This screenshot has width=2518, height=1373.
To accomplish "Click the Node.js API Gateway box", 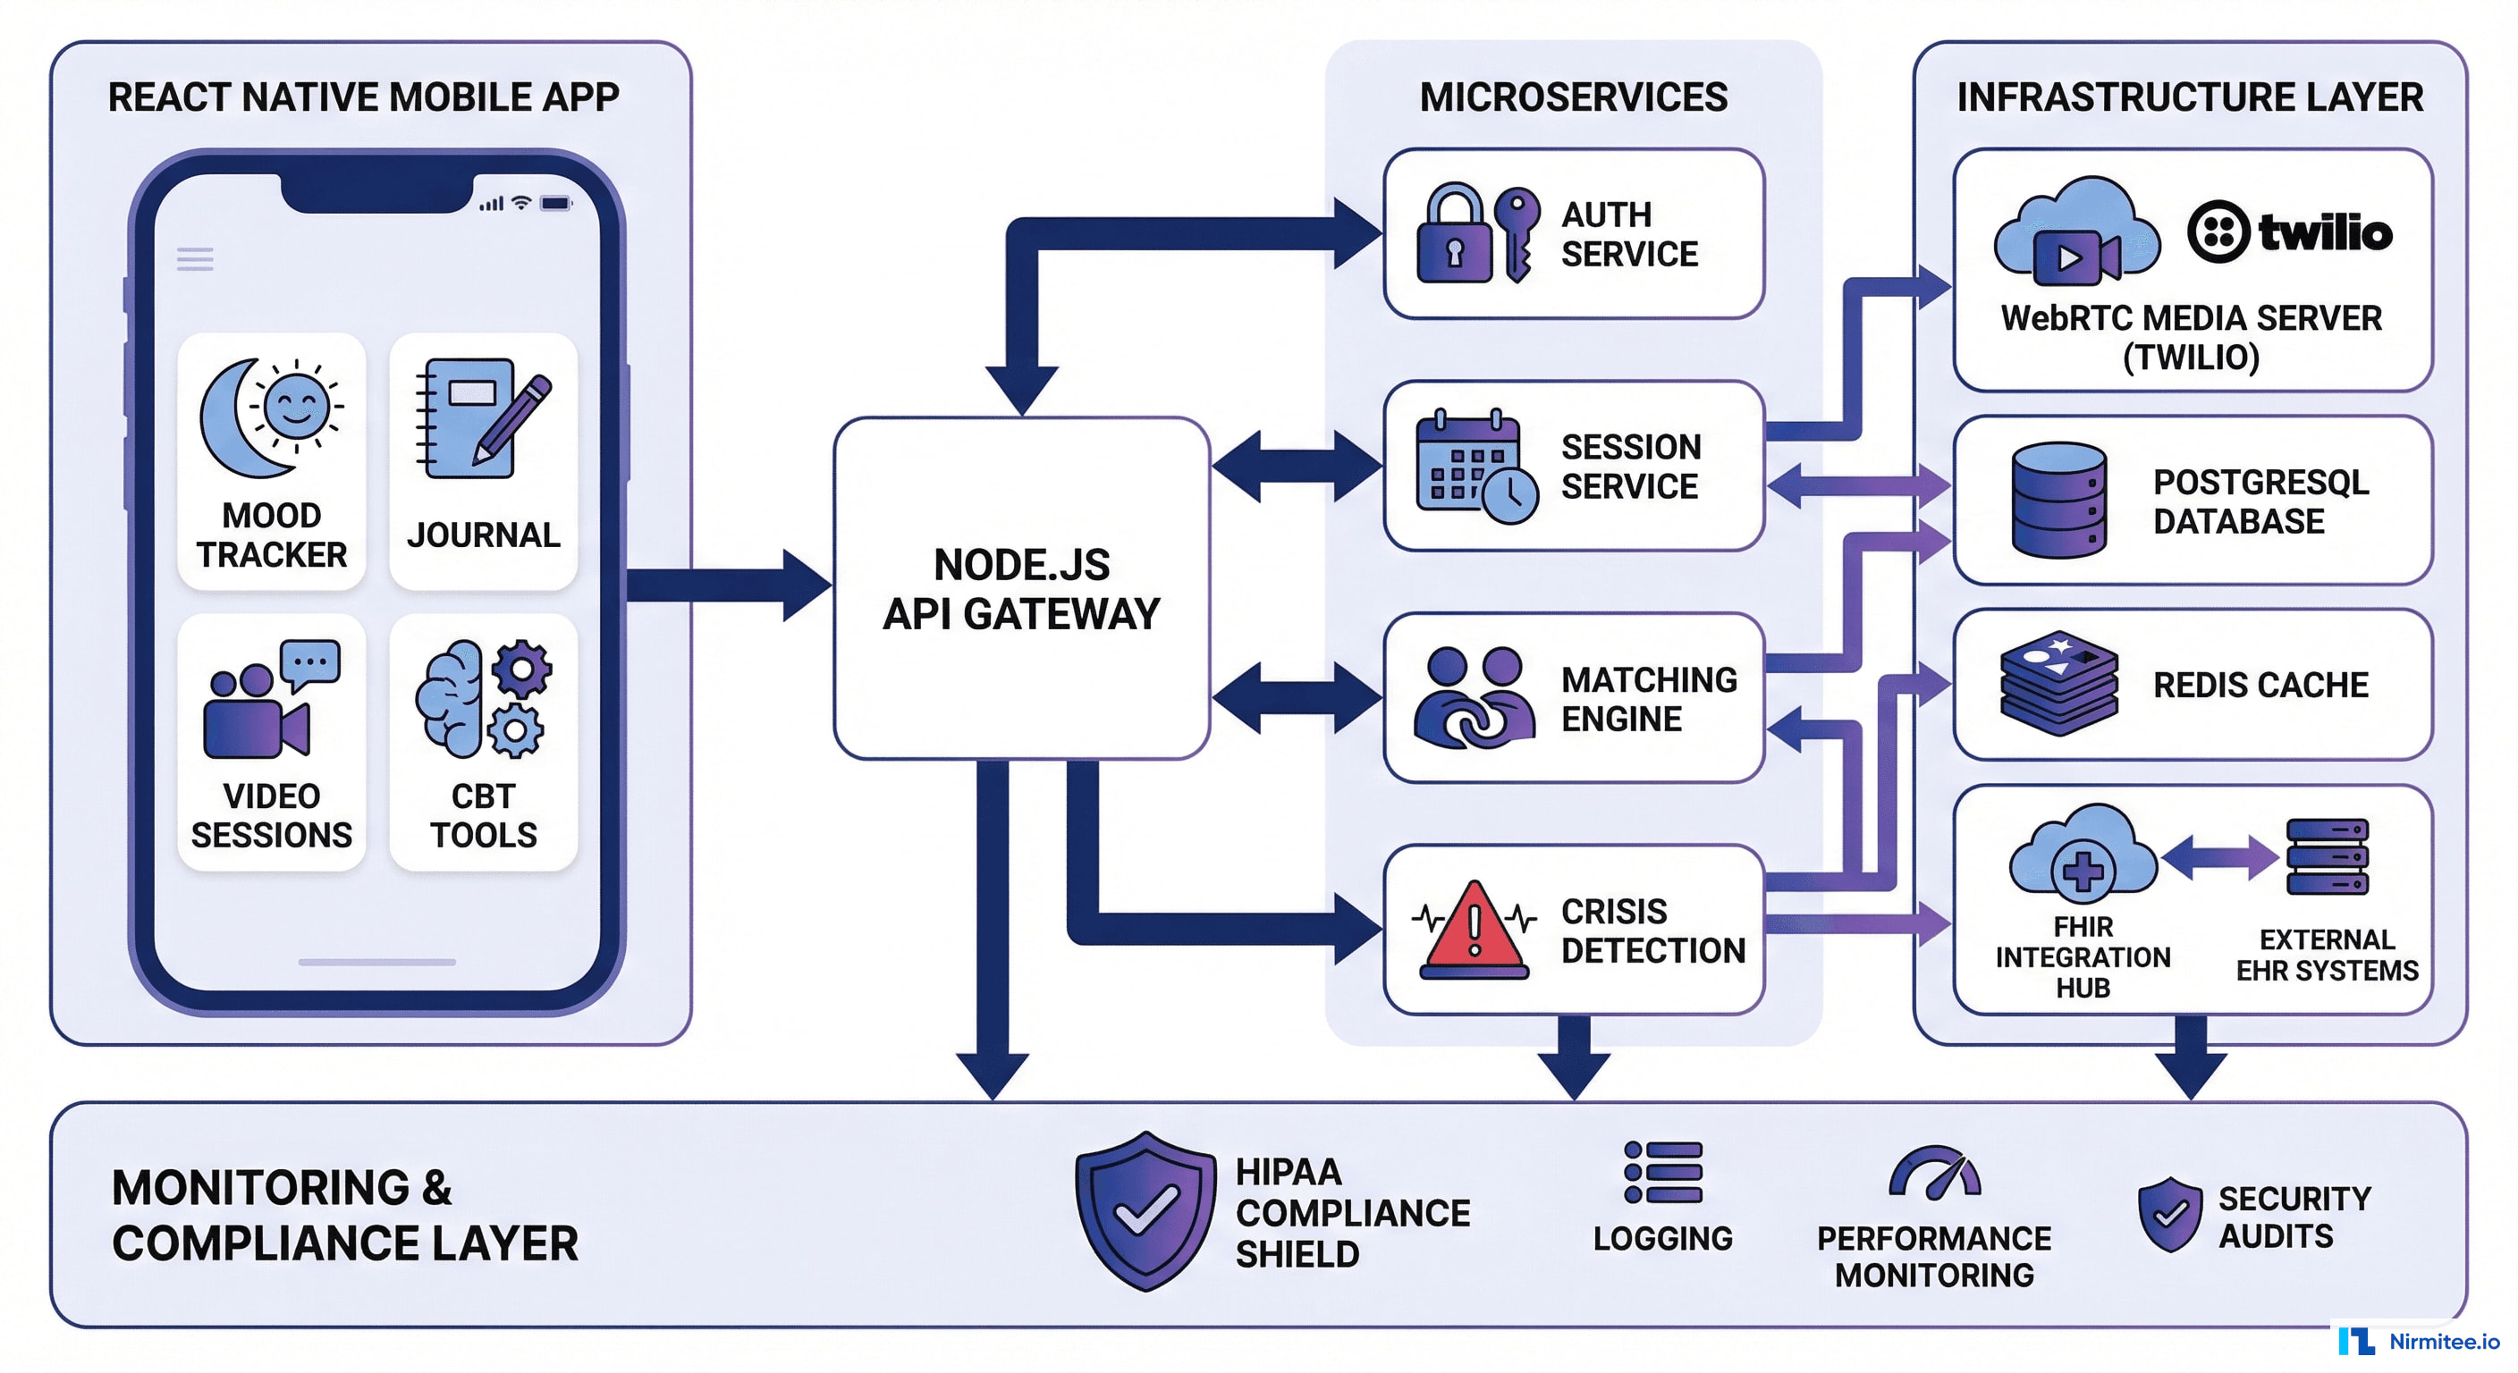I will pos(1021,588).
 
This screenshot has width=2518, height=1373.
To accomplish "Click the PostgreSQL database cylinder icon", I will pos(2058,501).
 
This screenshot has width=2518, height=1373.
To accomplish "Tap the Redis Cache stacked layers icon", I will pos(2058,683).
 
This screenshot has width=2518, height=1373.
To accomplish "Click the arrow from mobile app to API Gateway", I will pos(728,585).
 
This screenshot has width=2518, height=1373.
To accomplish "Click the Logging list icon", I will pos(1662,1172).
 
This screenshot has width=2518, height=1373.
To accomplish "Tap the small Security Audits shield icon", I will pos(2169,1215).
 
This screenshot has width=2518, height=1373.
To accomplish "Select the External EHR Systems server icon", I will pos(2328,857).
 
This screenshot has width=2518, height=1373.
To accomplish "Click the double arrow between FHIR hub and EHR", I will pos(2220,858).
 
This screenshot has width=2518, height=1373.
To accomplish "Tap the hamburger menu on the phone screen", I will pos(195,259).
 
